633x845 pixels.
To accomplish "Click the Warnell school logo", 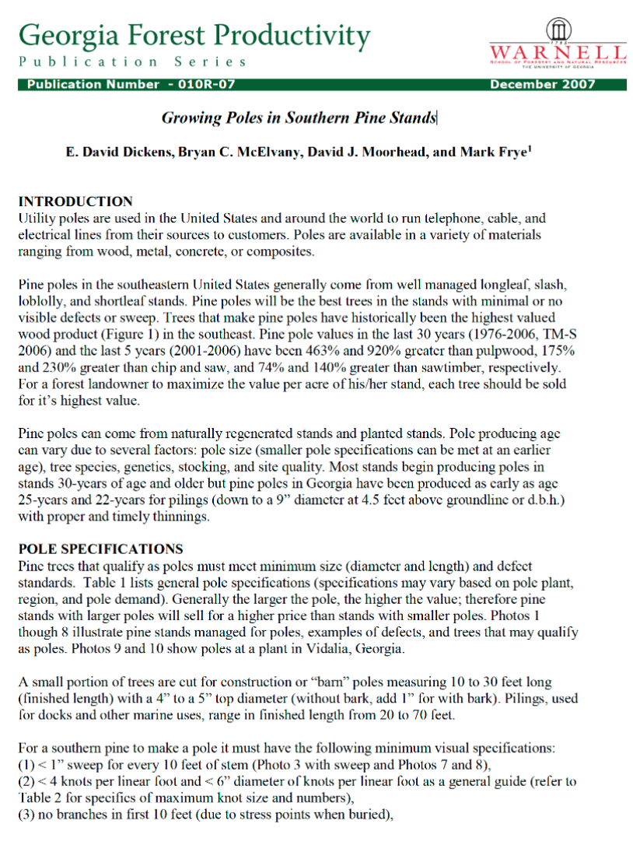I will point(558,44).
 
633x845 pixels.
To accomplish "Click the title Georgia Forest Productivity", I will point(194,34).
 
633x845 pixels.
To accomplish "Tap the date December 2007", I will point(542,85).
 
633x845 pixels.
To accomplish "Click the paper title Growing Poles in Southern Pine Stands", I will point(299,118).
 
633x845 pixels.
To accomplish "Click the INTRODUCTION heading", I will point(75,202).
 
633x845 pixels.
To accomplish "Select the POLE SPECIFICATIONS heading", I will point(100,549).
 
